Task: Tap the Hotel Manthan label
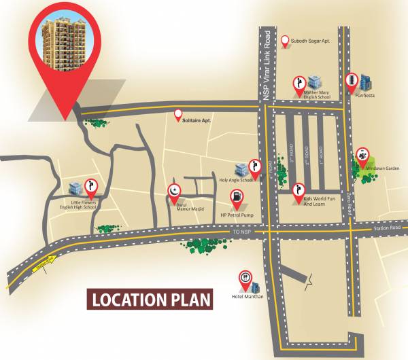click(248, 296)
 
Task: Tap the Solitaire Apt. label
click(197, 120)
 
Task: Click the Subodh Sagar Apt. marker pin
click(286, 41)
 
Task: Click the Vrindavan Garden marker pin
click(362, 156)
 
